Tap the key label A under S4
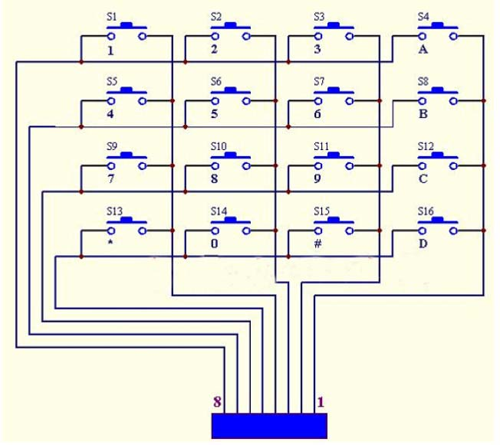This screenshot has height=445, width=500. coord(422,50)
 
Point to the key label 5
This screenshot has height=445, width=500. coord(215,115)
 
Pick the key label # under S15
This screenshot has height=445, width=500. coord(318,244)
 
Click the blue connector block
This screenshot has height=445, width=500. coord(269,425)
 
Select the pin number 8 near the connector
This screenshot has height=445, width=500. coord(217,401)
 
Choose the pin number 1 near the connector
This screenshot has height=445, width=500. coord(321,401)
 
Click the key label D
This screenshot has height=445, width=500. coord(422,244)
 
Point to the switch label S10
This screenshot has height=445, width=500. coord(219,145)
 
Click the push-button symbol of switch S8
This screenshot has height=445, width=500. coord(438,97)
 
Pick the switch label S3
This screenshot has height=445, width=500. coord(320,16)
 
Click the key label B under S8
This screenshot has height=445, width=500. coord(422,115)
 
